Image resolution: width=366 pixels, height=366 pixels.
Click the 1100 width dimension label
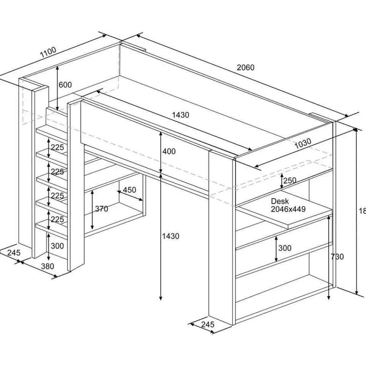click(x=48, y=52)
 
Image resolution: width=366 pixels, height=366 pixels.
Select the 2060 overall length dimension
click(x=245, y=68)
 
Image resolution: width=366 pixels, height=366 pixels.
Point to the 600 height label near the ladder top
click(x=65, y=85)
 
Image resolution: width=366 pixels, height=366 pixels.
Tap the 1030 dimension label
click(x=303, y=144)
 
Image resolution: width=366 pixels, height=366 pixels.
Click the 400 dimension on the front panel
click(x=169, y=151)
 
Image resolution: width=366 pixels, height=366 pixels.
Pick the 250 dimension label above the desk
click(x=290, y=180)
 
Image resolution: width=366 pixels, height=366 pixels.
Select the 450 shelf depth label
click(x=130, y=190)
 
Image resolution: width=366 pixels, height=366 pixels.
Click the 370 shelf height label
click(x=101, y=209)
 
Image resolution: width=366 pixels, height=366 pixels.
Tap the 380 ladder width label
click(x=47, y=266)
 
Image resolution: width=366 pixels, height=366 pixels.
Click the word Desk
click(x=280, y=201)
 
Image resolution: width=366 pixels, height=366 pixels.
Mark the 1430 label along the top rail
click(x=180, y=115)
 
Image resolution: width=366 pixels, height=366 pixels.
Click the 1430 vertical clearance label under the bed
click(x=170, y=236)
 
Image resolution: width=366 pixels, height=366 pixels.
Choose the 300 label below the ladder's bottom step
click(x=57, y=246)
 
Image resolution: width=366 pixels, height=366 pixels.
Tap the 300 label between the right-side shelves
click(x=284, y=248)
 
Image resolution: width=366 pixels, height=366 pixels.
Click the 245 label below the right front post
click(x=208, y=324)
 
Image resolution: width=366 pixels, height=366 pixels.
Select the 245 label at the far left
click(x=13, y=252)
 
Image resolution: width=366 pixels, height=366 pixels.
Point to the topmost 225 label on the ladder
click(x=57, y=148)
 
